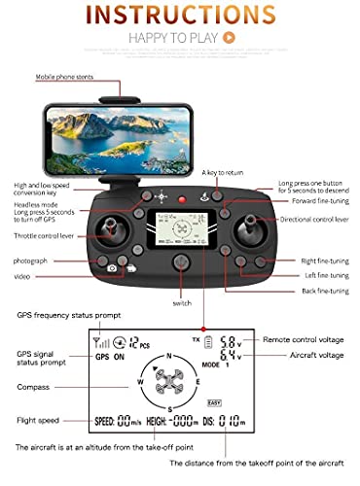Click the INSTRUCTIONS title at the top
(x=180, y=17)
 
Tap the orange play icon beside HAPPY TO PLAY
(x=229, y=38)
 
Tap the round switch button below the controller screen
(x=181, y=262)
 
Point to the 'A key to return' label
(x=223, y=172)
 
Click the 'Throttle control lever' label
(x=41, y=234)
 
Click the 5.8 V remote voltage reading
(x=227, y=342)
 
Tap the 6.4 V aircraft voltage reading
(x=227, y=358)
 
